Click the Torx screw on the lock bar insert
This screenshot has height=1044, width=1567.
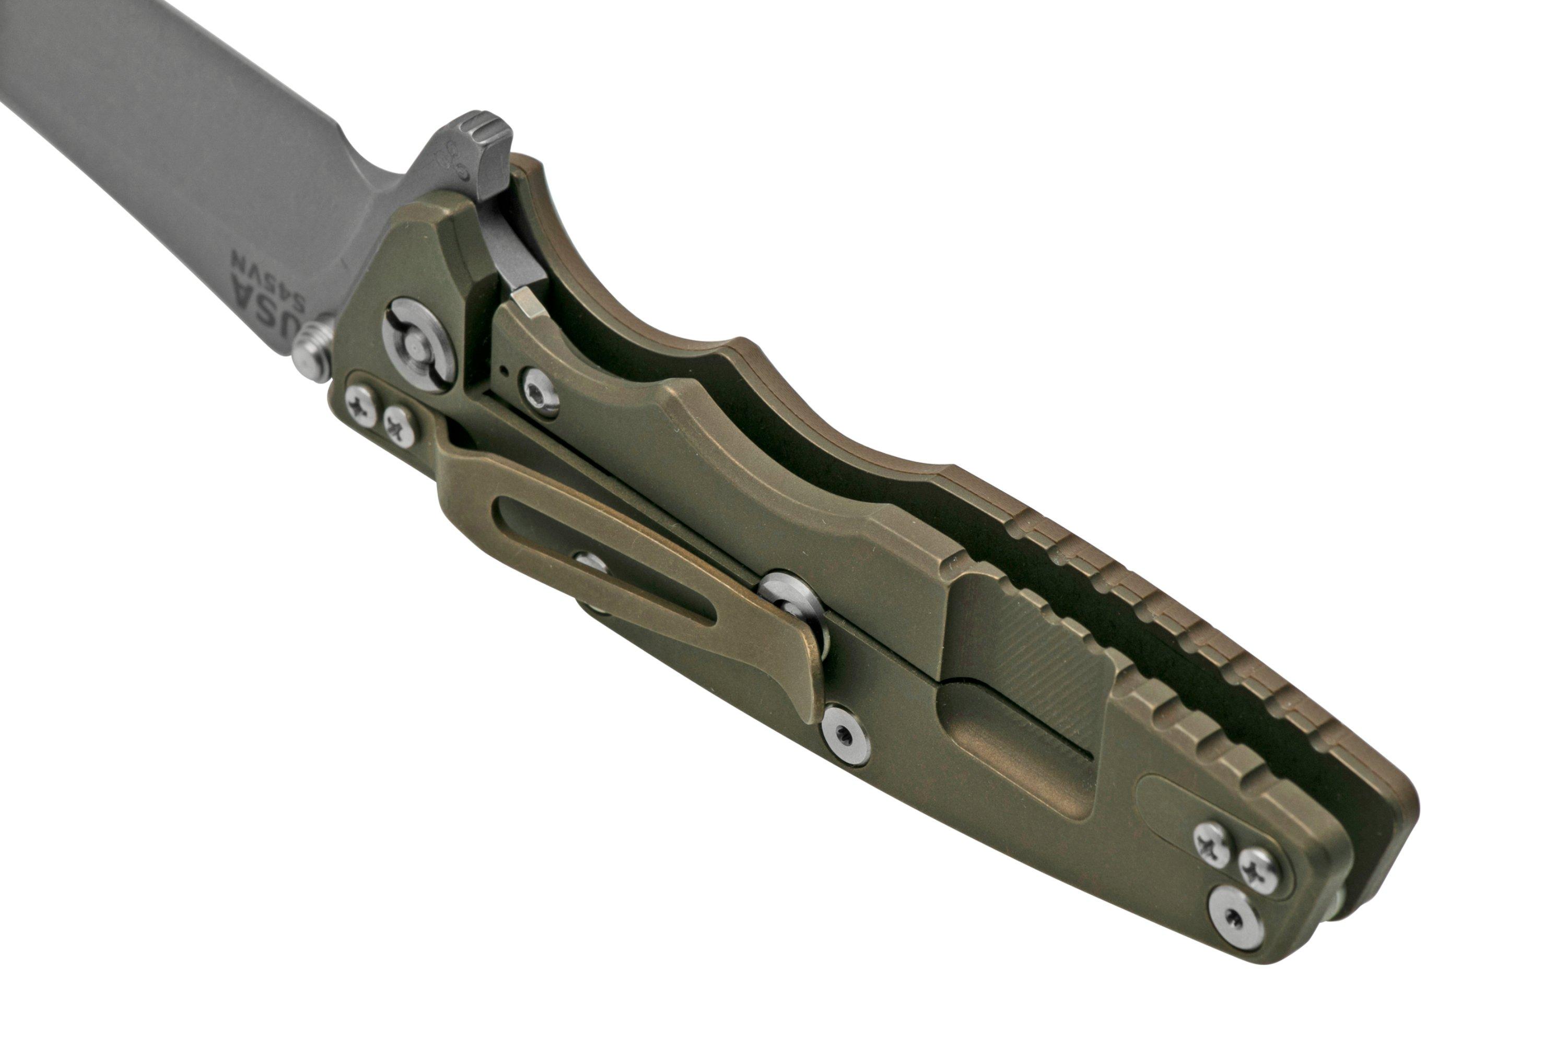[540, 392]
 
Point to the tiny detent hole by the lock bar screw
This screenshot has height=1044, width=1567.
[506, 367]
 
